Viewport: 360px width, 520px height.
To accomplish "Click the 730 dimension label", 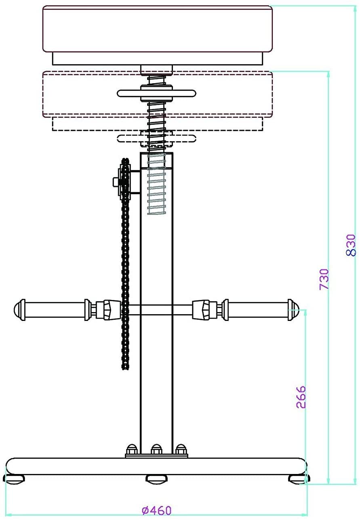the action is (x=324, y=279).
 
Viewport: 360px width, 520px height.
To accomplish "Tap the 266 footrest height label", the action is (x=301, y=397).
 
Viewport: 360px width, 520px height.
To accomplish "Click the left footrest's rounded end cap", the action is (x=19, y=310).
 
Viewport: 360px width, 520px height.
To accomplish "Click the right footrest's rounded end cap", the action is (x=293, y=310).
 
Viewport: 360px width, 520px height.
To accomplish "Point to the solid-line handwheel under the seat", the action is (x=156, y=93).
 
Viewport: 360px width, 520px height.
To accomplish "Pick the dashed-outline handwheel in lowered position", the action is (x=156, y=138).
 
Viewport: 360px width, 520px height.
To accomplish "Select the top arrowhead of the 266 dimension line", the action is (x=305, y=313).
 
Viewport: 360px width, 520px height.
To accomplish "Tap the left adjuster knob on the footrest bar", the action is (x=108, y=310).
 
